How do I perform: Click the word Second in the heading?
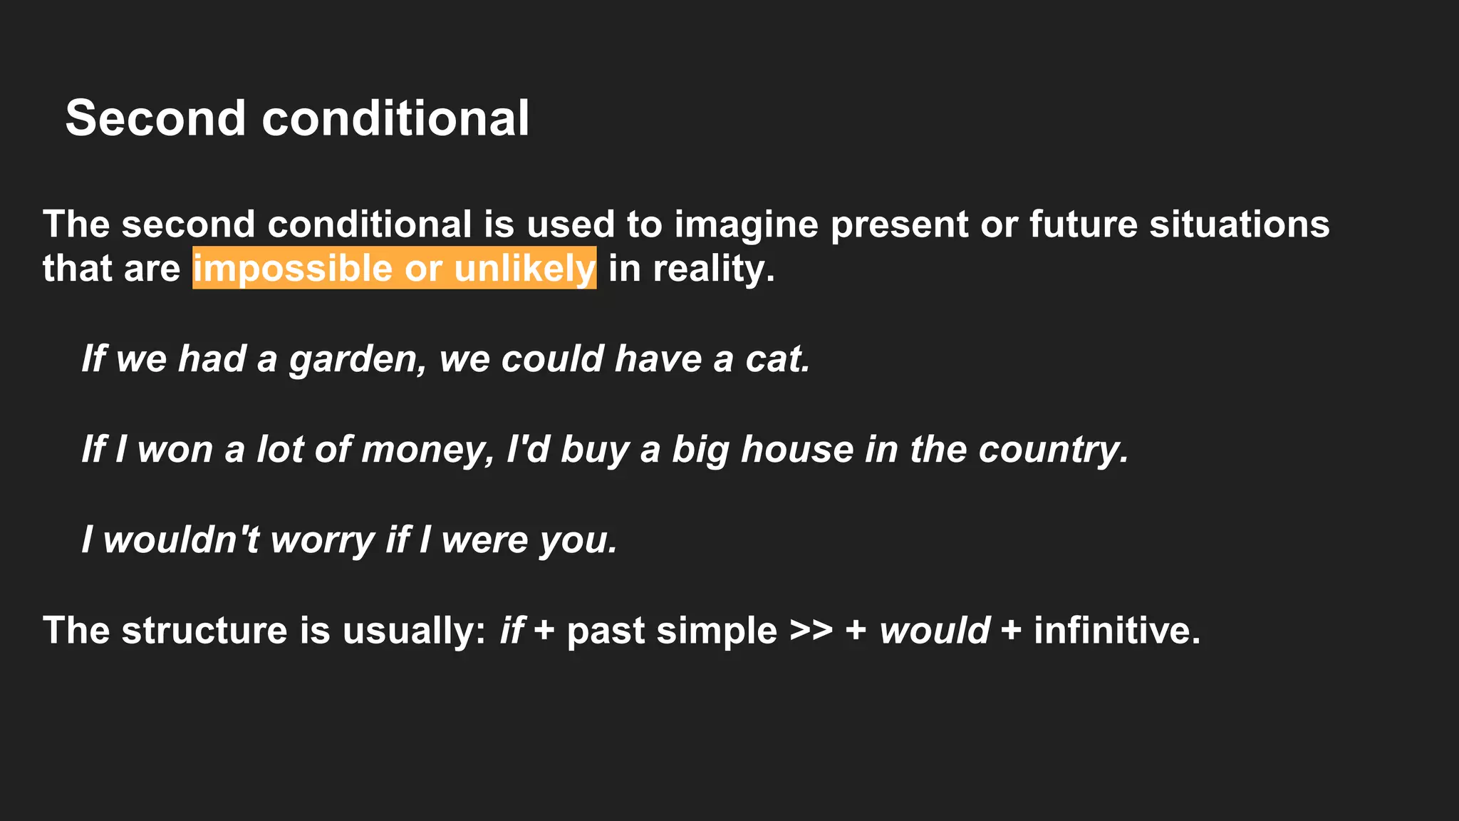(155, 118)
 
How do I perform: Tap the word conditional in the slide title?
(395, 118)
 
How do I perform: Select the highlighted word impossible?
(292, 269)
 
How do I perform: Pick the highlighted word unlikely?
(524, 269)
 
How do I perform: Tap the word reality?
(713, 269)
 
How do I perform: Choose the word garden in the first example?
(357, 359)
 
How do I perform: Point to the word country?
(1054, 450)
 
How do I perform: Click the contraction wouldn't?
(181, 540)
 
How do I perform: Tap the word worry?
(323, 540)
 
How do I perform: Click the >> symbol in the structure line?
(811, 631)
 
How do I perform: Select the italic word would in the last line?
(934, 631)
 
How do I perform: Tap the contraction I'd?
(527, 450)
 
